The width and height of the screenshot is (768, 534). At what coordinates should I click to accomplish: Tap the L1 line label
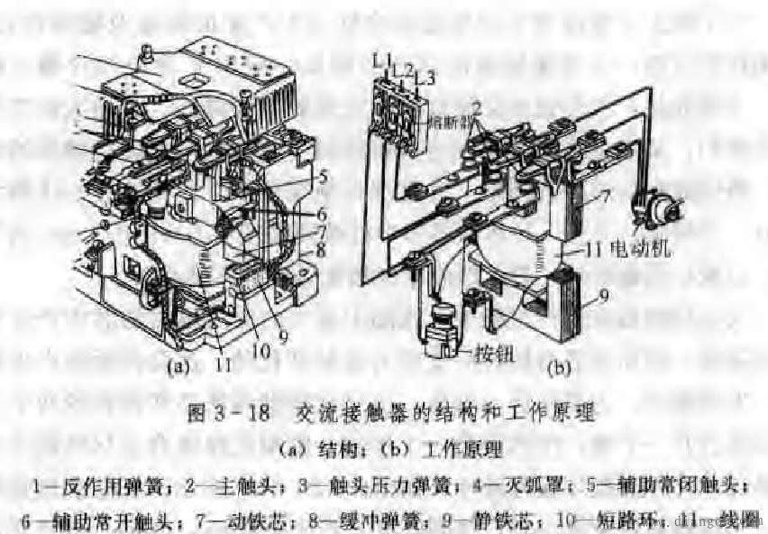coord(381,60)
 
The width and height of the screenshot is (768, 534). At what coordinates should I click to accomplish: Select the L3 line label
coord(426,79)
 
